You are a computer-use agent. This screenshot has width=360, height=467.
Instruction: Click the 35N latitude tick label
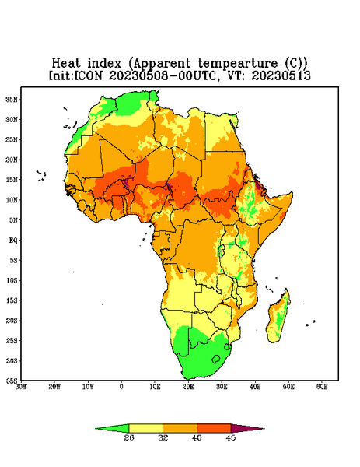click(12, 99)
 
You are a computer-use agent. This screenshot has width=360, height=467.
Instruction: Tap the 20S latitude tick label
click(12, 321)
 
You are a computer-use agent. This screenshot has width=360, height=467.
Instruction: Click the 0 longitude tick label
click(121, 387)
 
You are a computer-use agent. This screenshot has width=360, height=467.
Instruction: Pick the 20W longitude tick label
click(54, 387)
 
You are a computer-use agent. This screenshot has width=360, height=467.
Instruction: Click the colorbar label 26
click(129, 437)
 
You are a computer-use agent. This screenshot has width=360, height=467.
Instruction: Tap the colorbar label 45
click(231, 437)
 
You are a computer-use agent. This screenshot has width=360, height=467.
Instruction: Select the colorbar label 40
click(197, 437)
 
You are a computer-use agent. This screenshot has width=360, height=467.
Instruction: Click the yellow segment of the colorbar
click(145, 428)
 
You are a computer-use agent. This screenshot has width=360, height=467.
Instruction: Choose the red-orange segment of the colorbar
click(214, 428)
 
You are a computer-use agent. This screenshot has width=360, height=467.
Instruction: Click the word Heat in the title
click(66, 64)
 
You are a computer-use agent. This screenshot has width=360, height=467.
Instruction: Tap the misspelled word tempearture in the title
click(237, 64)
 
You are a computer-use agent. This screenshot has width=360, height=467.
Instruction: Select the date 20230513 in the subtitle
click(281, 75)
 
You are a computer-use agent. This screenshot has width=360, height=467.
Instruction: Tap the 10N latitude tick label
click(12, 200)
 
